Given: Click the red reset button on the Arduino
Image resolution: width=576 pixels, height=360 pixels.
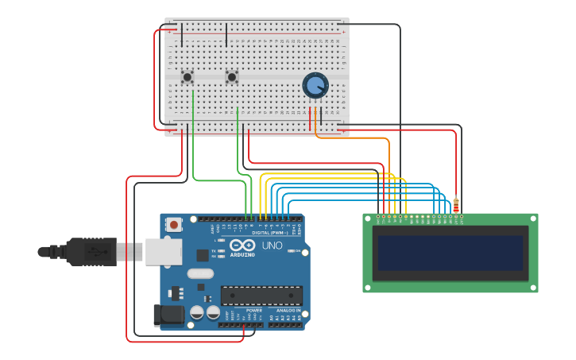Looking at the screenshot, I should click(173, 225).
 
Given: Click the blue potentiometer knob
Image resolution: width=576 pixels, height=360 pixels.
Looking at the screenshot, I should click(315, 85).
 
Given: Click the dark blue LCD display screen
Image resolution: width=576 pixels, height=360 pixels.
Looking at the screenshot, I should click(450, 253).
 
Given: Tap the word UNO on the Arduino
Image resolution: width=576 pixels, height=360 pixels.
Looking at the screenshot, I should click(272, 246).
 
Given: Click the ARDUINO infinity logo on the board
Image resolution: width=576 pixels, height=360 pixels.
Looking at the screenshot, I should click(243, 246).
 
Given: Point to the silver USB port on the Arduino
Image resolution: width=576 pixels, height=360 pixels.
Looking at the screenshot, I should click(164, 252).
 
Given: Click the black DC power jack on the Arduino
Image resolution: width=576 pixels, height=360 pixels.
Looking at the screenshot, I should click(168, 315).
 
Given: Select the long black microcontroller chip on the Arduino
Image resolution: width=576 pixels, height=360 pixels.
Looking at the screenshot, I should click(261, 296).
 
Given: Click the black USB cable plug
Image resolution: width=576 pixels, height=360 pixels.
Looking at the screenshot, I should click(91, 252).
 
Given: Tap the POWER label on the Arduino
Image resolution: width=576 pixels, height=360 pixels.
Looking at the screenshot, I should click(242, 311).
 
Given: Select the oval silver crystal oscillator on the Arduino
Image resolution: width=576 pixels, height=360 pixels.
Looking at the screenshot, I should click(200, 273).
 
